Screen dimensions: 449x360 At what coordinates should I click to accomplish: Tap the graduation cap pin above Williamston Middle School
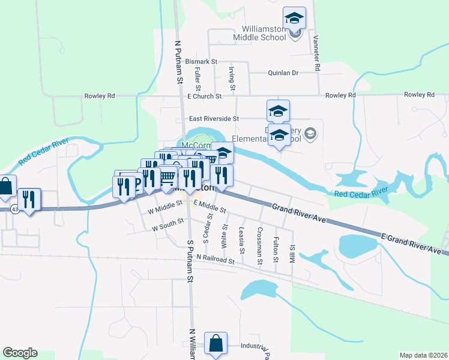pos(294,18)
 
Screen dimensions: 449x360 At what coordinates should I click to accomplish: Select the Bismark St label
pos(201,62)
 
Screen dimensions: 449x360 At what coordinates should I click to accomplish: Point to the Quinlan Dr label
pos(282,73)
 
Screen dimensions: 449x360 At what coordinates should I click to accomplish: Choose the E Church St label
pos(205,96)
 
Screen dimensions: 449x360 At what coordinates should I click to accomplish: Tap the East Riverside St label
pos(214,119)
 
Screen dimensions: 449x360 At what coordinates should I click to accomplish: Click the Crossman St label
pos(260,245)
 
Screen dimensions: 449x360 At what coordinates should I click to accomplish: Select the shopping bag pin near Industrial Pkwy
pos(215,344)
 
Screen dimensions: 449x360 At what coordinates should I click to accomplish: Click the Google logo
pos(20,353)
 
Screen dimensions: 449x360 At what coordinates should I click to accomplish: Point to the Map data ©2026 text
pos(423,355)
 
